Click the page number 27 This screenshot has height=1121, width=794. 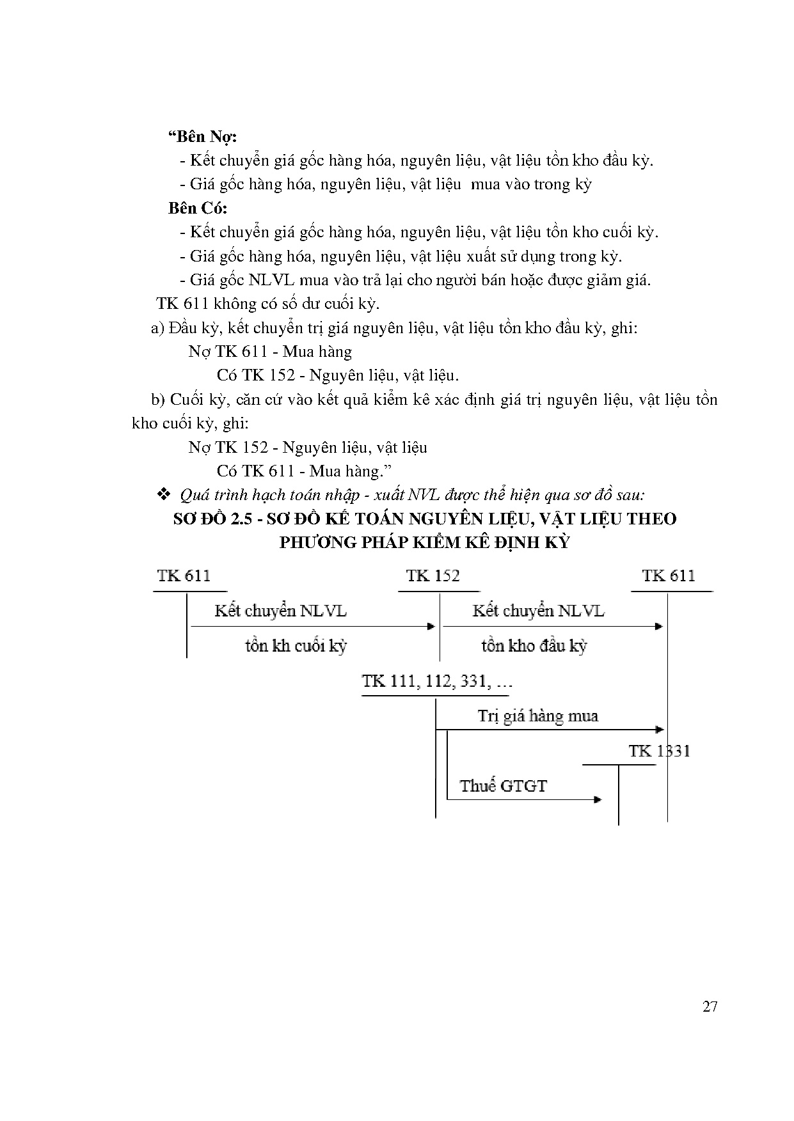710,1007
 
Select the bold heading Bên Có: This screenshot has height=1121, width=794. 198,208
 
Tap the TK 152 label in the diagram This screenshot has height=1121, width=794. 433,576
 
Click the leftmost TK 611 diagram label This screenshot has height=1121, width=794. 184,576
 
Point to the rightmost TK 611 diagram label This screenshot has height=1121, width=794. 669,576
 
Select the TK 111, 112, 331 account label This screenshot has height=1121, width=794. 436,681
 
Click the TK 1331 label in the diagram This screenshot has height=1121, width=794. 659,751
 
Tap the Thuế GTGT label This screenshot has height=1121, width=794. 503,786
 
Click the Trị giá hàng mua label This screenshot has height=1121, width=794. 537,716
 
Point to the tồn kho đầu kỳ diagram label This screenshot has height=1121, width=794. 534,646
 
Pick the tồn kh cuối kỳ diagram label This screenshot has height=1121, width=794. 295,646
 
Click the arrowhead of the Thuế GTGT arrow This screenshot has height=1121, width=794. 598,799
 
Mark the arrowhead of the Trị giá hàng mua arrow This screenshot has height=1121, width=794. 660,730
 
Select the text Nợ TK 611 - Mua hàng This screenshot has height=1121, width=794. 270,352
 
